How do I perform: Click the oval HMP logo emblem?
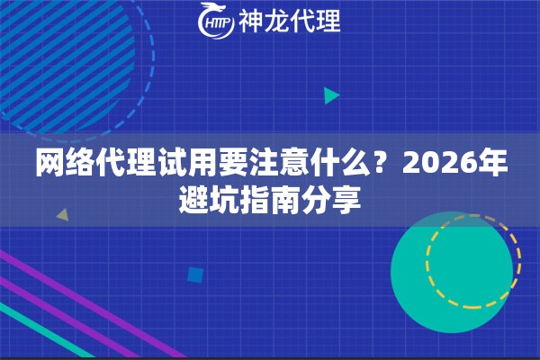[215, 21]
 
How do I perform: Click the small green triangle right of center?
[330, 94]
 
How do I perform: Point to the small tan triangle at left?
[62, 215]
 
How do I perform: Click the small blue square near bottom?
[194, 274]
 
